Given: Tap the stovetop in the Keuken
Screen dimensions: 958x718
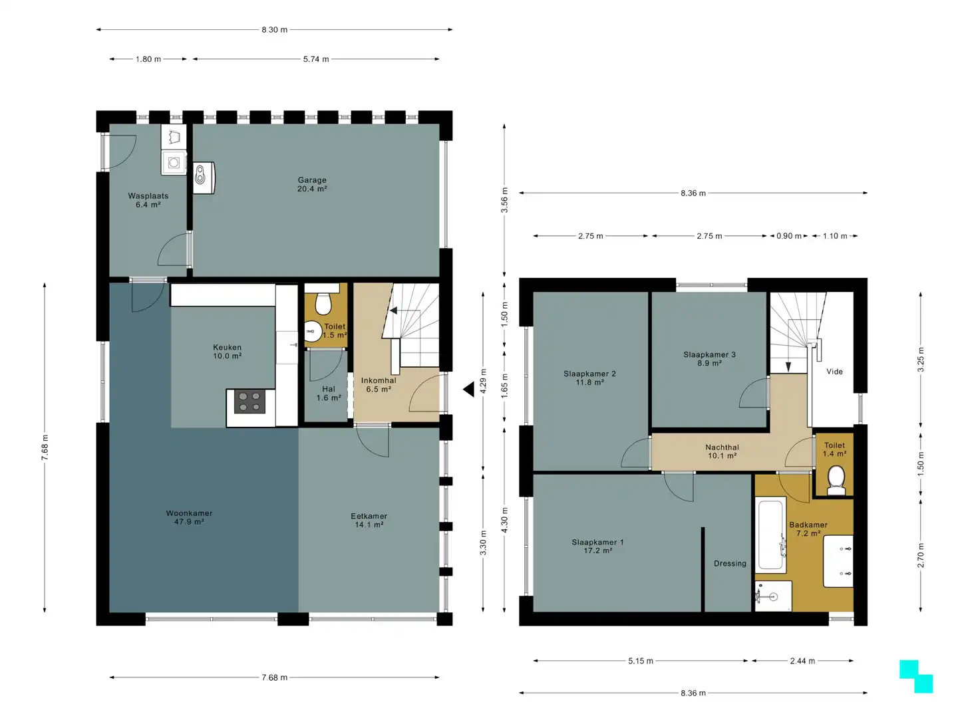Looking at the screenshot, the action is coord(249,401).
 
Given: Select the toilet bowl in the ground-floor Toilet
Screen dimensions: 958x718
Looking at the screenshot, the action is coord(322,302).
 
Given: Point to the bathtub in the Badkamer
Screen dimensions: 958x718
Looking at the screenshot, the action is coord(770,534).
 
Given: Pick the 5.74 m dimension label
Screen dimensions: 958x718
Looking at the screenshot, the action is coord(316,59).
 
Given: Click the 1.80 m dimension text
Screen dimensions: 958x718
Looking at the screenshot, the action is coord(148,59).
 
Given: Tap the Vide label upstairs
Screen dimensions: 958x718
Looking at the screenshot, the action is coord(834,372).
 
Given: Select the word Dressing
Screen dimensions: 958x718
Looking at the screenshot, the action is coord(730,563).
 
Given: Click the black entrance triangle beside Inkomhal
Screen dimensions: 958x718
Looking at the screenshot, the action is coord(470,389).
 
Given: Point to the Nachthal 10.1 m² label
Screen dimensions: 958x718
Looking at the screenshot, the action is coord(722,451).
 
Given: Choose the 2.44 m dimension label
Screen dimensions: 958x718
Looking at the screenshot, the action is coord(802,661).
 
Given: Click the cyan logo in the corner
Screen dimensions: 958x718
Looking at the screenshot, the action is coord(915,676).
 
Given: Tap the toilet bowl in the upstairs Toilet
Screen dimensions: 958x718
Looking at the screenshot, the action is coord(836,481).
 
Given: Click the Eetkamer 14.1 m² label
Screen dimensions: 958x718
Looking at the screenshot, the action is coord(369,520).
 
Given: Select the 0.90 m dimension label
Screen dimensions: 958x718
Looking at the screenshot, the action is coord(788,236).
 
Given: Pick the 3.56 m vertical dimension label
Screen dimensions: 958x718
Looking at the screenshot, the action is coord(504,200).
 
